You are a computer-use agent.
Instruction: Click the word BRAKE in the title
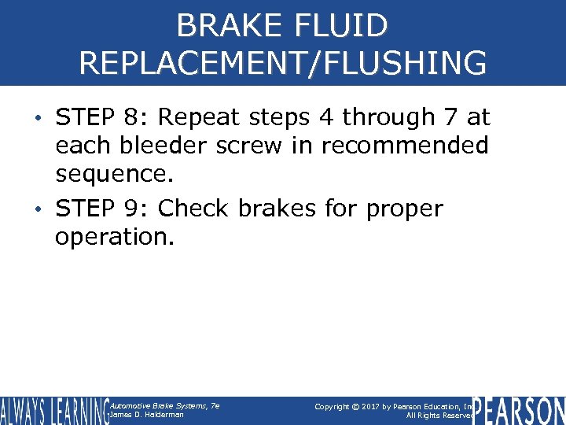[227, 25]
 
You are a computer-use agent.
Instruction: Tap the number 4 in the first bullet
[327, 118]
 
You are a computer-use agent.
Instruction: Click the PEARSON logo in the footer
[518, 410]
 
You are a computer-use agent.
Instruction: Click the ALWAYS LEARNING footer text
[53, 410]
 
